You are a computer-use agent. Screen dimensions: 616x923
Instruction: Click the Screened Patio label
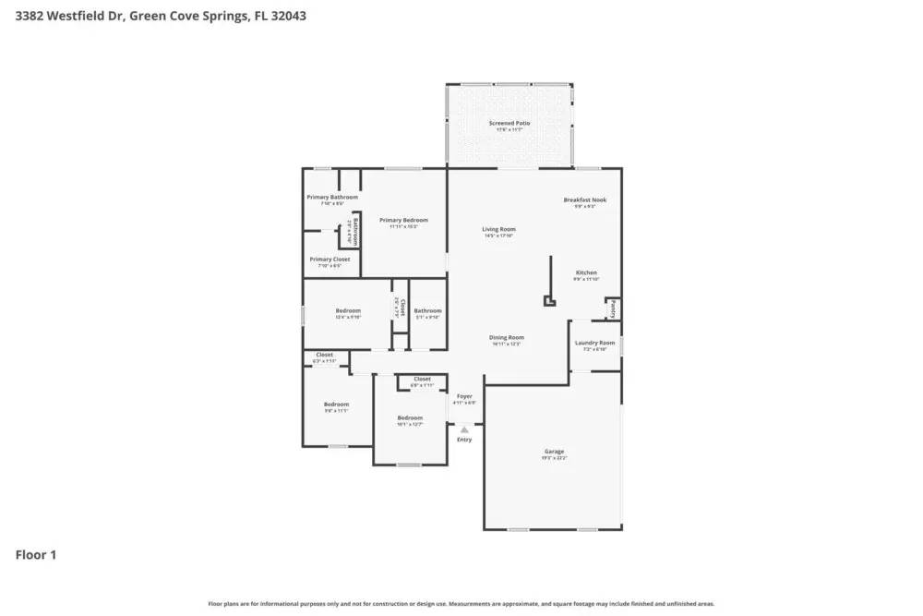point(509,123)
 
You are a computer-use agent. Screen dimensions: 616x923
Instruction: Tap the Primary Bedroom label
point(403,220)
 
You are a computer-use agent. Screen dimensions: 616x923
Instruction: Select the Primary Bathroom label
point(332,197)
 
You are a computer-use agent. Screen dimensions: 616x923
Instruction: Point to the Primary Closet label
point(330,260)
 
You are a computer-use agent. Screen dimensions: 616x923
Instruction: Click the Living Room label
point(498,229)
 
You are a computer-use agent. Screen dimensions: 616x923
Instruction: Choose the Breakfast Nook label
point(585,199)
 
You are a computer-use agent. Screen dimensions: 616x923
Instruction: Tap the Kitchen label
point(586,272)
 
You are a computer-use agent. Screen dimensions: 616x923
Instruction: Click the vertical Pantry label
point(613,308)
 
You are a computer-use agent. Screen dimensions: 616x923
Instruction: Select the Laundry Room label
point(594,343)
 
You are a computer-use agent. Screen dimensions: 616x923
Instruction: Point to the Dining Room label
point(507,337)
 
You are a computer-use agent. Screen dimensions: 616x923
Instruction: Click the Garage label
point(554,452)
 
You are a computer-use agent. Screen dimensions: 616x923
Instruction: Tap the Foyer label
point(464,396)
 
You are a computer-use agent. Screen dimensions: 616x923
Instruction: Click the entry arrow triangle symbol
point(464,429)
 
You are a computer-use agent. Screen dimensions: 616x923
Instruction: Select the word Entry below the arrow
point(464,440)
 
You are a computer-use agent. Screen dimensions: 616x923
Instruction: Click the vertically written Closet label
point(402,305)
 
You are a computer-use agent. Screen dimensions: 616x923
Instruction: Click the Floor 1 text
point(36,555)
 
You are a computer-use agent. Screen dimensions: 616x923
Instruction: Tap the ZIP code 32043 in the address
point(288,16)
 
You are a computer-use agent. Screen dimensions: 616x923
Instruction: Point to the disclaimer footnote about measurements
point(461,603)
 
